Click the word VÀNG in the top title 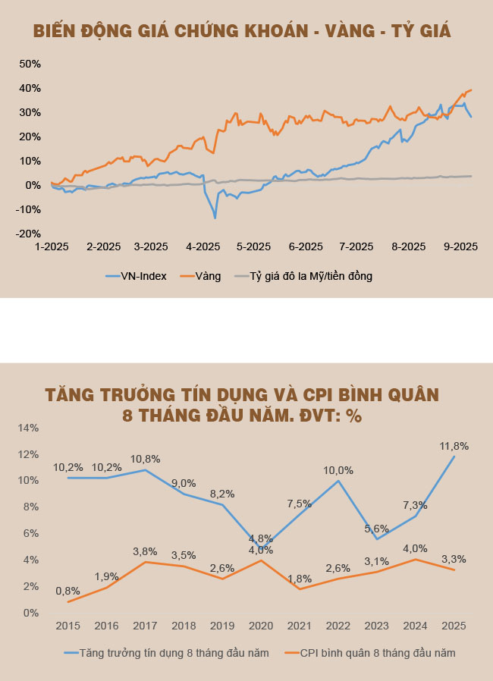[354, 31]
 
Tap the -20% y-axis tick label [27, 234]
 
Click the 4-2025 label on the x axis [203, 246]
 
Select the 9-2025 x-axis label [460, 246]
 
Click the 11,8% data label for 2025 [455, 446]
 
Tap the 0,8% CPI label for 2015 [68, 591]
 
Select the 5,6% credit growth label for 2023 [377, 528]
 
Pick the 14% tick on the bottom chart [27, 428]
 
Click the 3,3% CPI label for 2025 [454, 559]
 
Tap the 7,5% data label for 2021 [299, 504]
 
